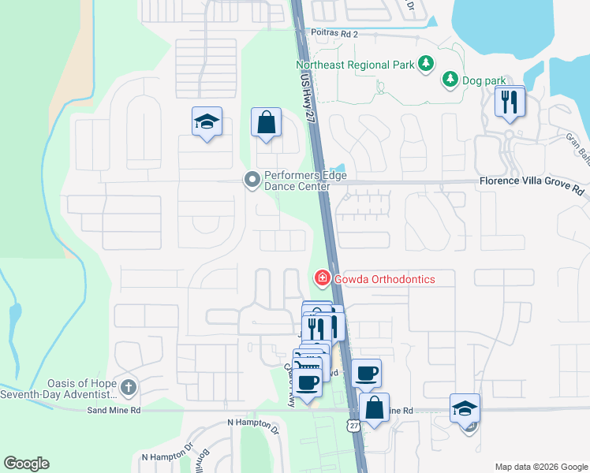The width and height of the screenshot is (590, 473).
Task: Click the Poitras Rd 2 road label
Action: click(334, 34)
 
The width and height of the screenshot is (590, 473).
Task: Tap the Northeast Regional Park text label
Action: click(354, 65)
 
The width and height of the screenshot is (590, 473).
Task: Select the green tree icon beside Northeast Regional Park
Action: click(426, 63)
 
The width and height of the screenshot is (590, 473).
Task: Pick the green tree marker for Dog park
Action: click(450, 79)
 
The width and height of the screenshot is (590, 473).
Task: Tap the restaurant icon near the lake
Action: click(510, 102)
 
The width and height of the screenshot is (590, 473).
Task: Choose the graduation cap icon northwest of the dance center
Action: click(207, 122)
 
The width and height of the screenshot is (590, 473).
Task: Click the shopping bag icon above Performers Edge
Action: click(267, 123)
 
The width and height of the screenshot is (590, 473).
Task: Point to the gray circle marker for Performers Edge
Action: click(252, 181)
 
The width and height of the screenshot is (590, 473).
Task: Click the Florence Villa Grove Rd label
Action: click(531, 191)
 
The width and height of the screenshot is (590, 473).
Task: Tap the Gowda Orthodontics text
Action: click(384, 279)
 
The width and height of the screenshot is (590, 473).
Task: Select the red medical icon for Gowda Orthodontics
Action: click(322, 278)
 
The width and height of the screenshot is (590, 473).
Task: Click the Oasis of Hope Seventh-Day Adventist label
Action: click(60, 389)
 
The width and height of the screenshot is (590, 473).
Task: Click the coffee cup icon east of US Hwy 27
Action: click(366, 373)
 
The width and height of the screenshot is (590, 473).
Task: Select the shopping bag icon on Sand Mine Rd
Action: click(375, 408)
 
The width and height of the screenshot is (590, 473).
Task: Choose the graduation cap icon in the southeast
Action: click(465, 408)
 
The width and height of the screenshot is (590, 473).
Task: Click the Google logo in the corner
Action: click(26, 464)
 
